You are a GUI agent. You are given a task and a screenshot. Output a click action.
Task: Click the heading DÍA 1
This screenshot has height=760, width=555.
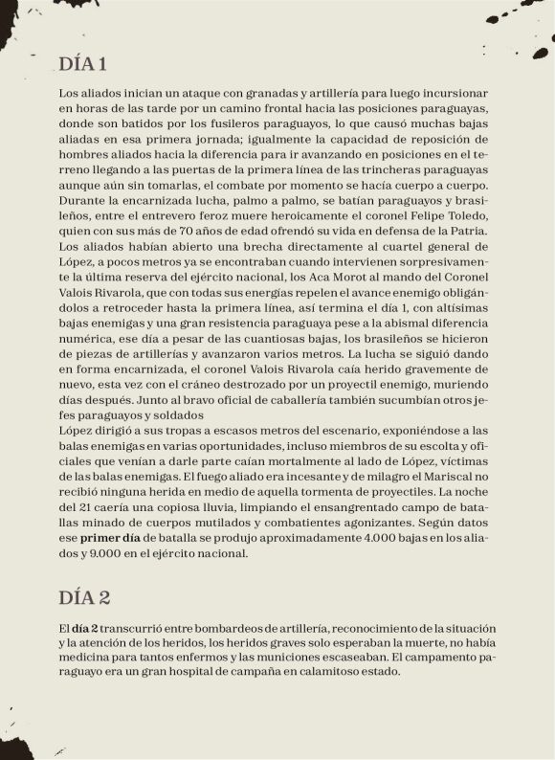click(82, 65)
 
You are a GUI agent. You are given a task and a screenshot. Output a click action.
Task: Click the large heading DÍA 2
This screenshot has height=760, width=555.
click(84, 597)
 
